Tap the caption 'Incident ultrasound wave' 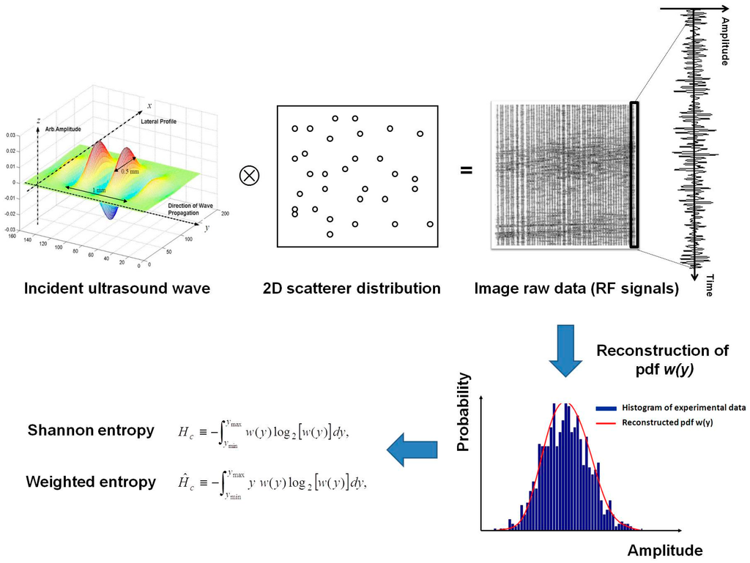(117, 288)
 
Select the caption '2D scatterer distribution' (352, 288)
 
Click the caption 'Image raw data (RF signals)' (576, 288)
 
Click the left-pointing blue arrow (412, 450)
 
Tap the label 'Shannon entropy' (91, 430)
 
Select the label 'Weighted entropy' (91, 482)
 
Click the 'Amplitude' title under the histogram (664, 551)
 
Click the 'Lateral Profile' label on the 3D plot (159, 121)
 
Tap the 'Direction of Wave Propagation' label (189, 209)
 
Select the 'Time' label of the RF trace (709, 284)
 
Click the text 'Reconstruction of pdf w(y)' (662, 359)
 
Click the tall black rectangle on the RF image (634, 174)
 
